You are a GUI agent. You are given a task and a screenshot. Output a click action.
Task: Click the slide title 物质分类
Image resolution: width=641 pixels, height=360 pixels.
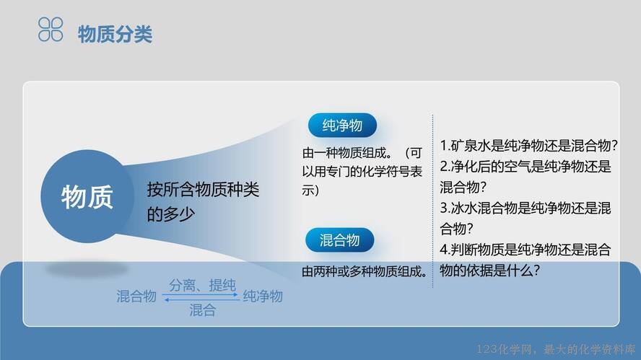coord(115,33)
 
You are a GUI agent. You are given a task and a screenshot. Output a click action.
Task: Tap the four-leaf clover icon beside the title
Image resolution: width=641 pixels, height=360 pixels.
coord(51,30)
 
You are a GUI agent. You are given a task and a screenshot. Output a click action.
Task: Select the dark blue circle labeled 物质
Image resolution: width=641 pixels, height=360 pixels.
coord(87,196)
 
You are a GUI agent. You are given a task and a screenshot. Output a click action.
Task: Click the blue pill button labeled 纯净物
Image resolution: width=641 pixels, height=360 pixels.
coord(342,125)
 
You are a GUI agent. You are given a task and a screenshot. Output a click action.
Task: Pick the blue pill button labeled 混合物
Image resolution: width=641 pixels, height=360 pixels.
coord(340,240)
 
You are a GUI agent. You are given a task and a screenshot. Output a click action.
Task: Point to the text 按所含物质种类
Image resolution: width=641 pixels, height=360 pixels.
coord(203,190)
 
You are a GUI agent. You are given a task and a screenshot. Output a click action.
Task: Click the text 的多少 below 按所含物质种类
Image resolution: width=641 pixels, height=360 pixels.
coord(170,214)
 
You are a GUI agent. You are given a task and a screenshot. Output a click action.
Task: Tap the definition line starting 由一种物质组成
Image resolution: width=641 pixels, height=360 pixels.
coord(362,153)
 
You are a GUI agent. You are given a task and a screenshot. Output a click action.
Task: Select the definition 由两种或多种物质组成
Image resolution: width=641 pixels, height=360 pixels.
coord(365,271)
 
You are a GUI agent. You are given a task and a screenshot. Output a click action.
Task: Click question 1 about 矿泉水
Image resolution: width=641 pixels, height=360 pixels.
coord(528,145)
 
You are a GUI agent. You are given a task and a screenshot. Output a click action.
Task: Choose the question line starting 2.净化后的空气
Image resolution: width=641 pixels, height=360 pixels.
coord(526,167)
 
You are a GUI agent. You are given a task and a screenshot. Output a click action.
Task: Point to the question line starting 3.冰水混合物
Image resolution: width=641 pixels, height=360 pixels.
coord(526,208)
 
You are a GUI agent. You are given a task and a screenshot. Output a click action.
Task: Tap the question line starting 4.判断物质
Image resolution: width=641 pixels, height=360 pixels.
coord(526,250)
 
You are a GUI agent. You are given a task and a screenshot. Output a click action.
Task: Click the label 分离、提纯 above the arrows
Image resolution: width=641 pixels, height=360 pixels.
coord(202,285)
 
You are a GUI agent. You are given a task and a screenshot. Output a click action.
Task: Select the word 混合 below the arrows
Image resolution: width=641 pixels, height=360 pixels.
coord(202,310)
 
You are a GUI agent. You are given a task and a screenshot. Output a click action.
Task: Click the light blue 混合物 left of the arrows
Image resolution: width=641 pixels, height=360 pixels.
coord(136,297)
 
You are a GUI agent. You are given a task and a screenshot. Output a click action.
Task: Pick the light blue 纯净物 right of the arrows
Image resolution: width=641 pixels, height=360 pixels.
coord(263,297)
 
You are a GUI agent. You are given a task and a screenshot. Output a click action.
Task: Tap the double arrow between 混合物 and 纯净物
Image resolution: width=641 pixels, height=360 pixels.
coord(201,297)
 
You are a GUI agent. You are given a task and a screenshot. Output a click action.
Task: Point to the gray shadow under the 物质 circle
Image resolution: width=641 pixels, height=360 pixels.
coord(87,269)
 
